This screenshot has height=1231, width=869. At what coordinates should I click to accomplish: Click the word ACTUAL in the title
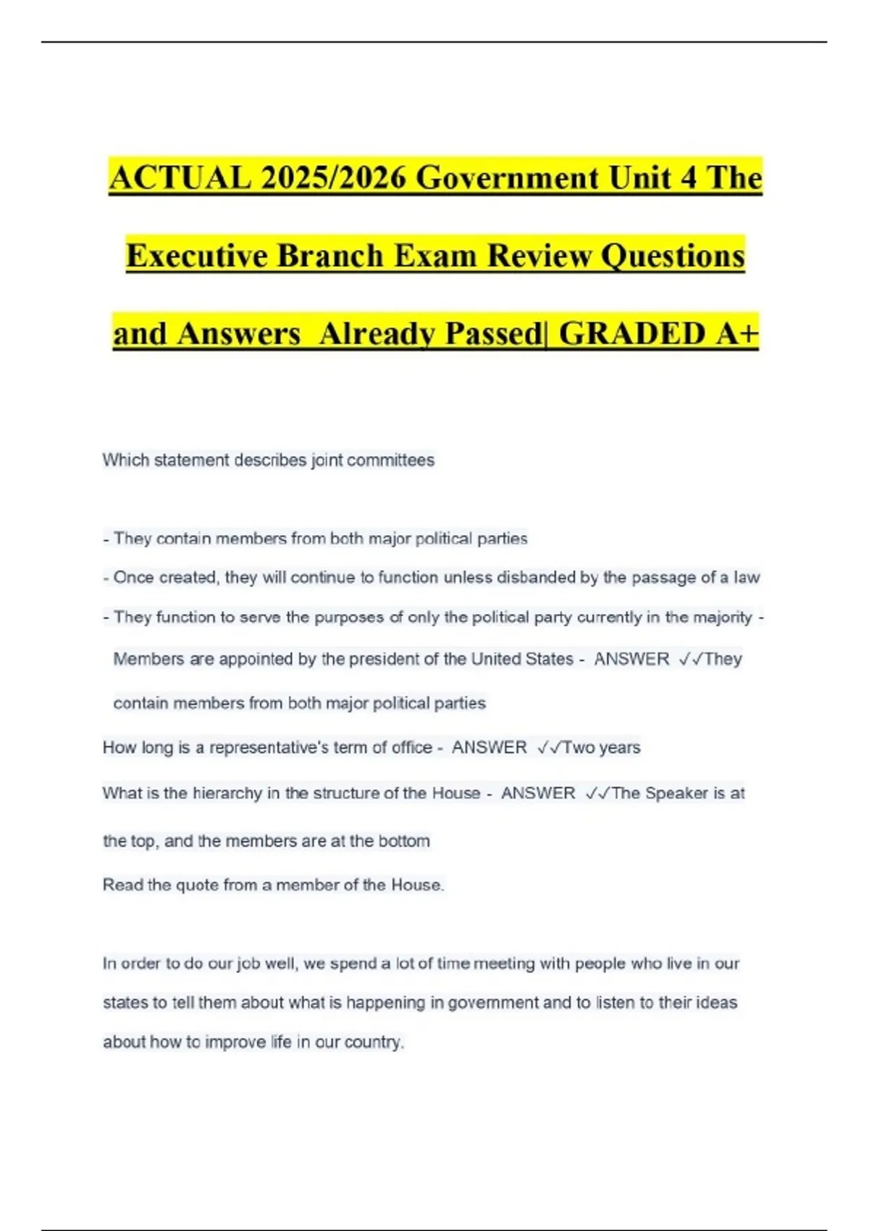point(179,177)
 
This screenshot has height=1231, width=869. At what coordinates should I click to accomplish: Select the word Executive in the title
point(196,256)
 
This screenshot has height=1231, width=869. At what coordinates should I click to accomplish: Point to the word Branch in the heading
point(329,256)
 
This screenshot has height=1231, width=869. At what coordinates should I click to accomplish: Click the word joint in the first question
point(327,461)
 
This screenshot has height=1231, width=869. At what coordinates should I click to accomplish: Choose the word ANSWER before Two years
point(490,747)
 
